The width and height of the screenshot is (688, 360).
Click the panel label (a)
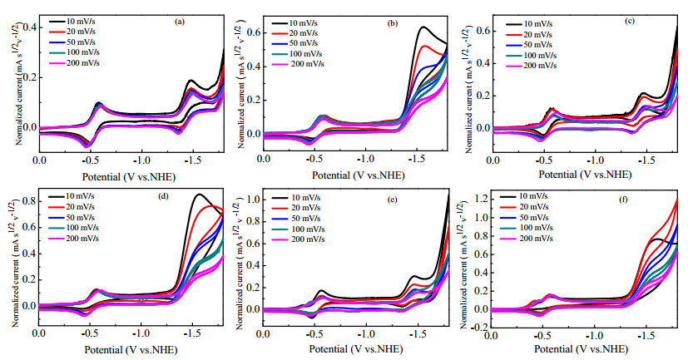179,22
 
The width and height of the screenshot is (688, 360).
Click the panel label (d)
164,196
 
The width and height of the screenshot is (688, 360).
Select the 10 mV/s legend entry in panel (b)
295,23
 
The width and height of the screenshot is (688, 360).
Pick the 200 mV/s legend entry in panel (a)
74,63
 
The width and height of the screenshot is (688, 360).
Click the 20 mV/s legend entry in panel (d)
71,207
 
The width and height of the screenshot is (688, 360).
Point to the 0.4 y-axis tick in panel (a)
31,27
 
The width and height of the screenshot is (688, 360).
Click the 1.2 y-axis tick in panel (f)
482,199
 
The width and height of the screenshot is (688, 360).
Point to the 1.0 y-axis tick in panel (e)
254,200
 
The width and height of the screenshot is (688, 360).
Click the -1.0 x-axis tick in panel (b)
365,158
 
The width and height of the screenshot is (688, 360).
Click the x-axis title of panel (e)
356,349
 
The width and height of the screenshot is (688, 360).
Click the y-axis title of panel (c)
469,88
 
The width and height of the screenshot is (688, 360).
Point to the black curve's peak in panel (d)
200,194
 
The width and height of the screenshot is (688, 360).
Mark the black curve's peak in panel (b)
423,27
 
